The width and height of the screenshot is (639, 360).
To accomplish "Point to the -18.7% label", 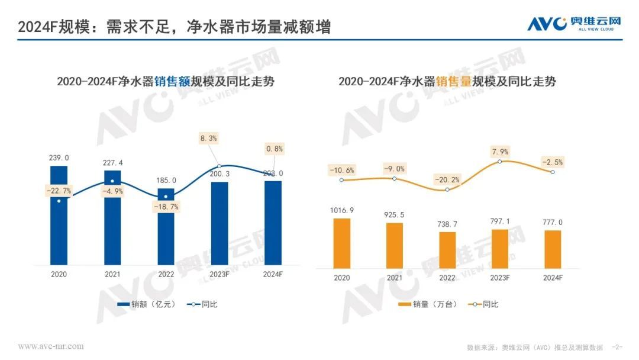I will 166,207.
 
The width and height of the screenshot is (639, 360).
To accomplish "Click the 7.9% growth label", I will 501,152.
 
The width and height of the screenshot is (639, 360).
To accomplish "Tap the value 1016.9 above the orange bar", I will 342,210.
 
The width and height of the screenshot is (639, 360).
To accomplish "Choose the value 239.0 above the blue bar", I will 59,158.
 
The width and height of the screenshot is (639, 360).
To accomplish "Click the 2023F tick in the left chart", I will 220,274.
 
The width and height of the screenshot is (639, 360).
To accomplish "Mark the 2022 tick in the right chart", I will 447,277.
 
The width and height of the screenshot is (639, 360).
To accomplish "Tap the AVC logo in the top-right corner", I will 574,24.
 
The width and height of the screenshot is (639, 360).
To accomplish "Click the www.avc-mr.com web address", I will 51,346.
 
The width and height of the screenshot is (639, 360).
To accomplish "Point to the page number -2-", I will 617,346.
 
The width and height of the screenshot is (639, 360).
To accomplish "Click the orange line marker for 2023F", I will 501,161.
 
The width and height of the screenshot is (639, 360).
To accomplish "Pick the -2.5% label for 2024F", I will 551,162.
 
